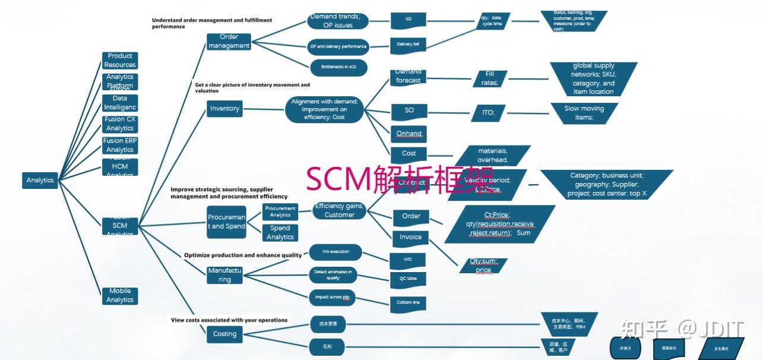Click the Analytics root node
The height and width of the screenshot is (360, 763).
(x=40, y=180)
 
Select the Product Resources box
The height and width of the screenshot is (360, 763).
(x=120, y=60)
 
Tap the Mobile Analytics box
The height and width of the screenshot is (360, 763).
(x=120, y=296)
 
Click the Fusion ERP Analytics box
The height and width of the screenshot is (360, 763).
(x=120, y=145)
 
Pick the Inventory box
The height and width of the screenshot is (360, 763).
(x=224, y=109)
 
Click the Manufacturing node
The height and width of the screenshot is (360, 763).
(x=224, y=274)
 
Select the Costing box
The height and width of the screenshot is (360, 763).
(x=224, y=334)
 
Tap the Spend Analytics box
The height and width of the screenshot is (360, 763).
(x=280, y=232)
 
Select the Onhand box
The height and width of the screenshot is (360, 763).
(x=409, y=134)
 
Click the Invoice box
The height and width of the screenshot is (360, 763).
(x=410, y=237)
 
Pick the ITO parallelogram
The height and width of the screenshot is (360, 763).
(x=488, y=112)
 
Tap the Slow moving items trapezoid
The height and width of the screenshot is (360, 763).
(x=584, y=113)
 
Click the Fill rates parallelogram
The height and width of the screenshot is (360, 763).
(x=489, y=78)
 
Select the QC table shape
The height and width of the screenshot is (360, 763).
(x=407, y=279)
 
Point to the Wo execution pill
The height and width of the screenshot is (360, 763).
(x=335, y=252)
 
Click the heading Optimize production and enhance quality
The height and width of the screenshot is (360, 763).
(x=243, y=255)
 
